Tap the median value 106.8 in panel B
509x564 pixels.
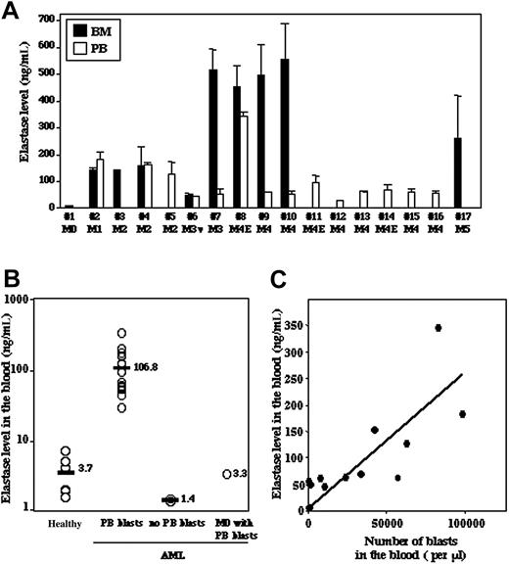point(145,367)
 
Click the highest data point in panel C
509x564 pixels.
point(439,327)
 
